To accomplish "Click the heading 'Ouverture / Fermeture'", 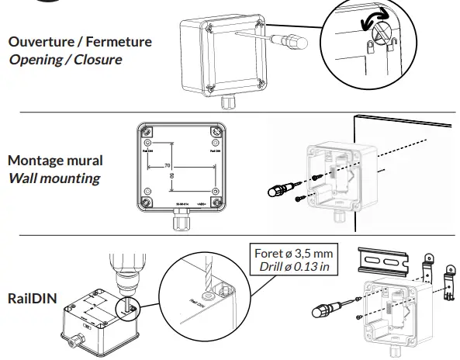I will click(80, 42).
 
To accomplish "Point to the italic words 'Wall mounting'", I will click(54, 178).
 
